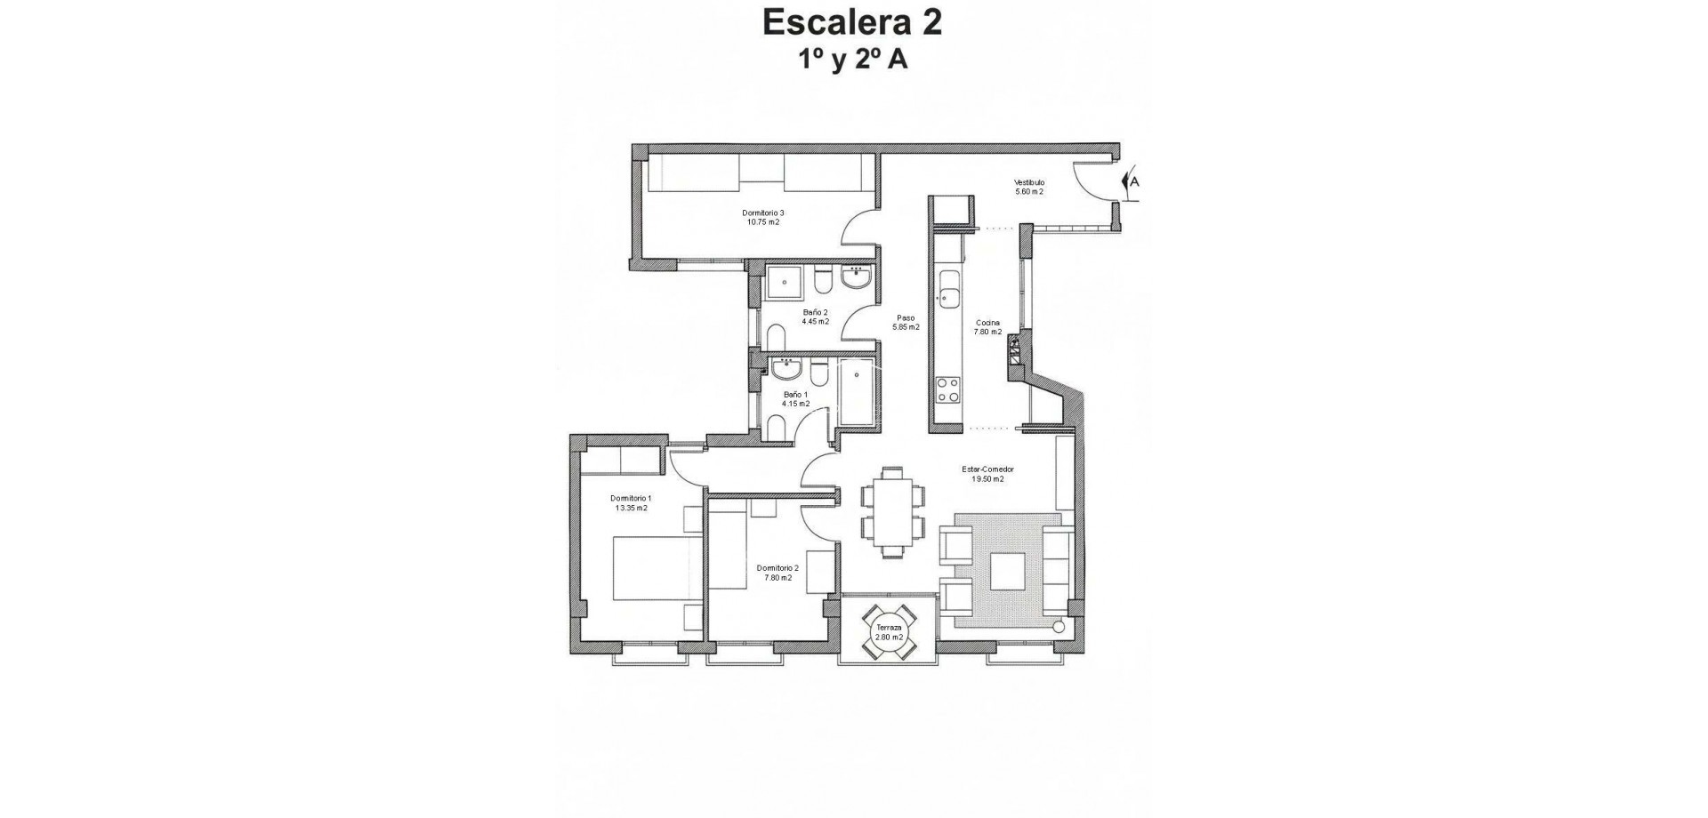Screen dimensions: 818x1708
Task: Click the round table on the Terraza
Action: coord(889,632)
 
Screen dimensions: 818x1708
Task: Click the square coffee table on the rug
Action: coord(1006,572)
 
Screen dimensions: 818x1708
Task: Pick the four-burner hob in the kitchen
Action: coord(947,389)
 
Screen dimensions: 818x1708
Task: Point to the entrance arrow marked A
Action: coord(1132,182)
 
